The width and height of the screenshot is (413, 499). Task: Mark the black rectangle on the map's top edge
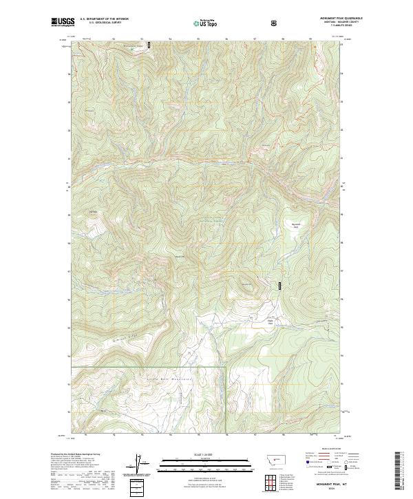pos(149,45)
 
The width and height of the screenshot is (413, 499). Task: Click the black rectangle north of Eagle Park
pos(279,285)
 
